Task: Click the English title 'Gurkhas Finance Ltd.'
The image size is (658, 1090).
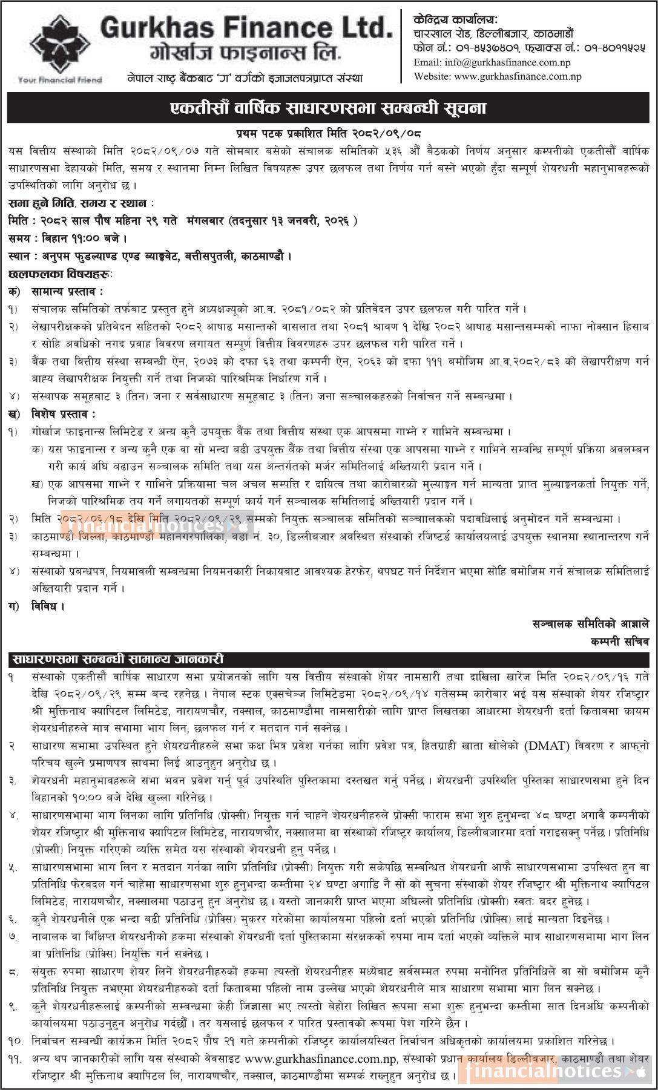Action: (246, 28)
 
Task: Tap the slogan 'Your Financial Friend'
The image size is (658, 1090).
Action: (60, 80)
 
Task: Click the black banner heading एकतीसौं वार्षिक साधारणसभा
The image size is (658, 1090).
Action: (329, 108)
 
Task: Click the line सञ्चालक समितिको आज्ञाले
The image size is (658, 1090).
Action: (590, 623)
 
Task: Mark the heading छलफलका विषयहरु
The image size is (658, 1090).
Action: (61, 274)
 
